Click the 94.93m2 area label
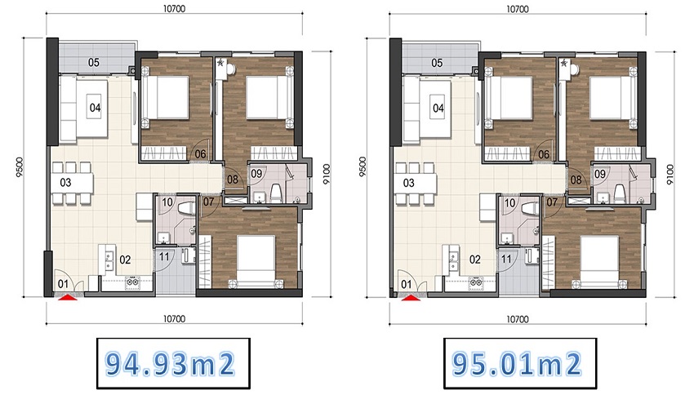171,364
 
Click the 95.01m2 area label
517,364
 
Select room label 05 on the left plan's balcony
93,62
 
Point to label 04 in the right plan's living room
438,108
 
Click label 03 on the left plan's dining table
65,182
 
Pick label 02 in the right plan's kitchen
475,259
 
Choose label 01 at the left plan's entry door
64,284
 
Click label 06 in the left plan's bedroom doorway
201,154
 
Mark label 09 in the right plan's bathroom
600,174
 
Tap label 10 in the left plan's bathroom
167,202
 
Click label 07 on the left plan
208,202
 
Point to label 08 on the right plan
576,180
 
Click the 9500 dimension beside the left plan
19,167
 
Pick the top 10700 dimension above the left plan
174,8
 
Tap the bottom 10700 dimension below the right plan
518,318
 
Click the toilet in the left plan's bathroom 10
186,207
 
